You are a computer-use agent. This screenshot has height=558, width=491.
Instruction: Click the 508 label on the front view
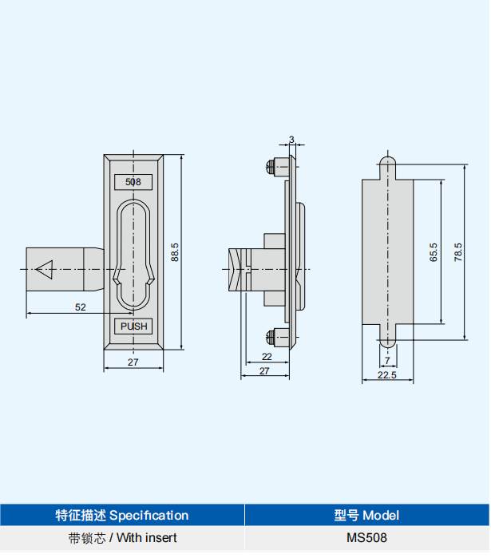click(x=133, y=182)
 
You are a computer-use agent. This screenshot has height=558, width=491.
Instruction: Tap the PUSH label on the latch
click(x=133, y=326)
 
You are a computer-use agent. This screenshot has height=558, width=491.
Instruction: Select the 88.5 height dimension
click(x=175, y=251)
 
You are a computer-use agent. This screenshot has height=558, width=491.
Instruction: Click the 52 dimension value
click(x=81, y=307)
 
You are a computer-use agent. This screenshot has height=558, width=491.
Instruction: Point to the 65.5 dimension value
click(x=434, y=252)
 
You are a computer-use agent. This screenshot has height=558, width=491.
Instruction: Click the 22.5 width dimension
click(x=387, y=375)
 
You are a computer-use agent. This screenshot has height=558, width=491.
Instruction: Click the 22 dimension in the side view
click(x=266, y=356)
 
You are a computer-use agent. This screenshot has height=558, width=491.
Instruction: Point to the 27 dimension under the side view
click(x=264, y=370)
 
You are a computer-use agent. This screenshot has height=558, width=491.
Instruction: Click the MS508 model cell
click(x=366, y=538)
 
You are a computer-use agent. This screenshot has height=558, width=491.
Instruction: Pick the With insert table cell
click(x=122, y=538)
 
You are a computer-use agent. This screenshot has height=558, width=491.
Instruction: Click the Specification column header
click(x=122, y=515)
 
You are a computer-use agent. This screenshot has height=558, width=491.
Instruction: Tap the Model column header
click(x=366, y=515)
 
